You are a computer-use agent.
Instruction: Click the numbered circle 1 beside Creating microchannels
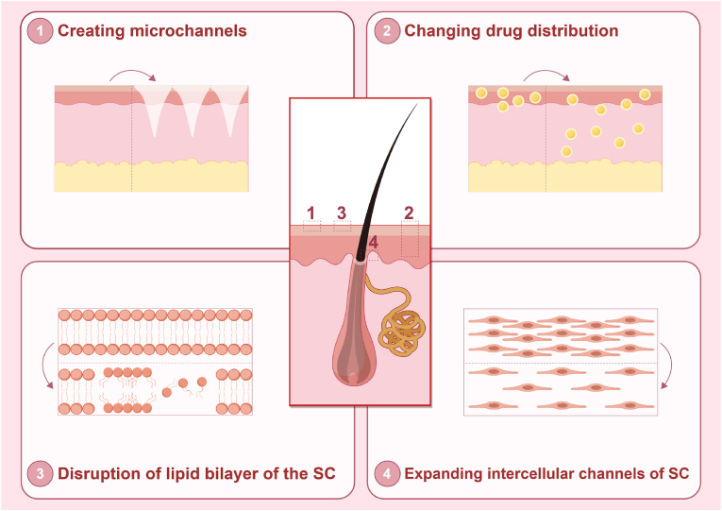click(x=40, y=31)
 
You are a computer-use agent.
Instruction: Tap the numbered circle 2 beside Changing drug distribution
click(x=387, y=31)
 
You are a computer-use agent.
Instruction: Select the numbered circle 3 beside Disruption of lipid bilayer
click(x=40, y=473)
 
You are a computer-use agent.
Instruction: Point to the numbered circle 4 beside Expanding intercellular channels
click(x=387, y=473)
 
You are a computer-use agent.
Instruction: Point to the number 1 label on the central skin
click(x=310, y=212)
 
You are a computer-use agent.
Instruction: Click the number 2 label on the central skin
click(x=409, y=213)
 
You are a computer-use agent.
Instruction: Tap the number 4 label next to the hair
click(x=374, y=244)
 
